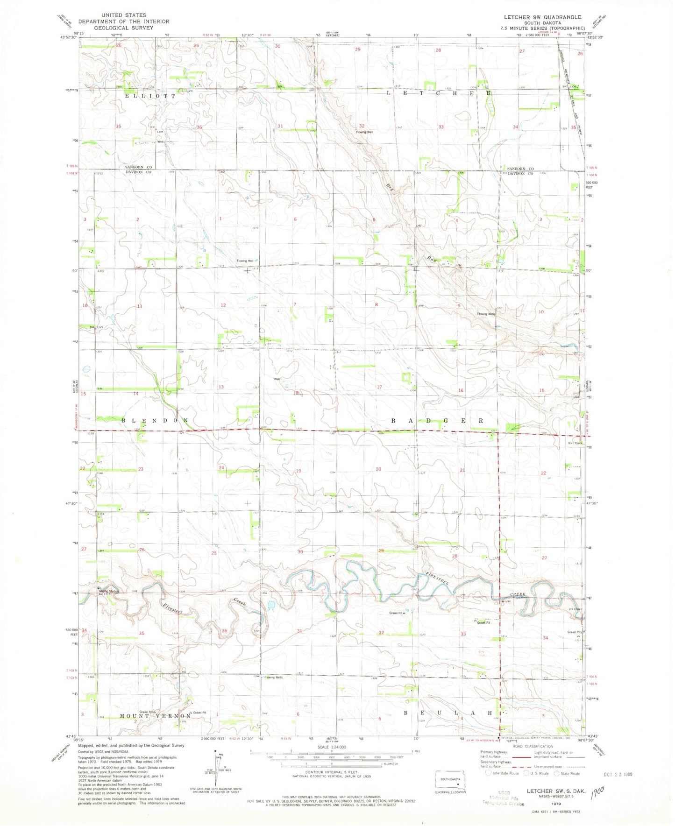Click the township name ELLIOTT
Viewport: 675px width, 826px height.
(150, 96)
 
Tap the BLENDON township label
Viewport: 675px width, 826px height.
(155, 421)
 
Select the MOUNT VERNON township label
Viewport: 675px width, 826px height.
(155, 716)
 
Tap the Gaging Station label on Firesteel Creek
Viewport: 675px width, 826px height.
(109, 592)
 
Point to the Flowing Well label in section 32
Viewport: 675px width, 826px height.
(364, 132)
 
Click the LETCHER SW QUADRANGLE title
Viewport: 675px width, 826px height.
(542, 17)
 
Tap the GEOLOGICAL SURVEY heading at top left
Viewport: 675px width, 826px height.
(123, 28)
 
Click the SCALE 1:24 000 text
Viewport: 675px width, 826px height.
(331, 746)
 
